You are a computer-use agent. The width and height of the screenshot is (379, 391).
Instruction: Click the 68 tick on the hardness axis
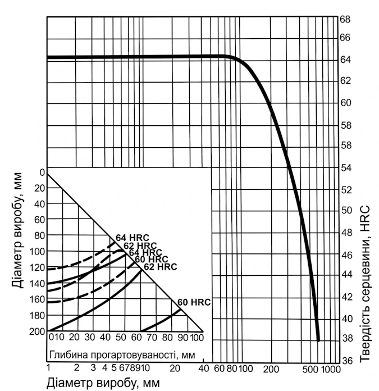(345, 19)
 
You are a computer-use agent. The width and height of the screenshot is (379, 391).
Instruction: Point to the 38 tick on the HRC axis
(346, 338)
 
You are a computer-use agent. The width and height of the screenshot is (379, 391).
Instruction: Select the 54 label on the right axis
(346, 168)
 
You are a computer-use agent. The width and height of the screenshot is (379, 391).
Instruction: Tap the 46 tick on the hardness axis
(346, 255)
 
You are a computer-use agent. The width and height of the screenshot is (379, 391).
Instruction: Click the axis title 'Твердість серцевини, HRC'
(365, 284)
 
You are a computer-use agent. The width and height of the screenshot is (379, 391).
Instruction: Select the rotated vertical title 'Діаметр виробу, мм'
(18, 230)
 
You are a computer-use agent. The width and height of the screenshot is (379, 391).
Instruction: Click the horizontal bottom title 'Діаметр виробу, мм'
(103, 383)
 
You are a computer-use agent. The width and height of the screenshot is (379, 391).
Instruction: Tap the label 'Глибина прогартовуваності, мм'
(122, 354)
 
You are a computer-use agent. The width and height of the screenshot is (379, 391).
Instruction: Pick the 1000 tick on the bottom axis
(331, 369)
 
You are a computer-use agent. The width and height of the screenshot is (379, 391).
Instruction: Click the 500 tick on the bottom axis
(310, 369)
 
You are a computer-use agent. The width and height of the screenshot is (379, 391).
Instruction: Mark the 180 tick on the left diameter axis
(37, 316)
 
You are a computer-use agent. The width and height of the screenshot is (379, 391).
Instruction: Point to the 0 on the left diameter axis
(42, 172)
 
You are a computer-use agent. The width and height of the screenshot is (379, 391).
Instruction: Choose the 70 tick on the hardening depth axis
(152, 338)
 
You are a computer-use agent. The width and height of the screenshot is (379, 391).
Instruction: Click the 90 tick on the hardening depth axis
(183, 338)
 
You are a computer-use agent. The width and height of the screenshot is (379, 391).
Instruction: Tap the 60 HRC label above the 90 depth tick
(194, 302)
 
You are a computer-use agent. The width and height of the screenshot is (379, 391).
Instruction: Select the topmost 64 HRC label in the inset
(133, 238)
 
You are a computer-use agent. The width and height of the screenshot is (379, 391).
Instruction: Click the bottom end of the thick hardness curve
(318, 340)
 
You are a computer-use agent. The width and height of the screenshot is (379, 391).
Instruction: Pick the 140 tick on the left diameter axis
(37, 284)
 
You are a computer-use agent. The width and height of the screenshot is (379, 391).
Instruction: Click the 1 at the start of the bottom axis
(48, 367)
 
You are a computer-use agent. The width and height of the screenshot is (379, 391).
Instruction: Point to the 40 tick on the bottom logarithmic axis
(204, 368)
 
